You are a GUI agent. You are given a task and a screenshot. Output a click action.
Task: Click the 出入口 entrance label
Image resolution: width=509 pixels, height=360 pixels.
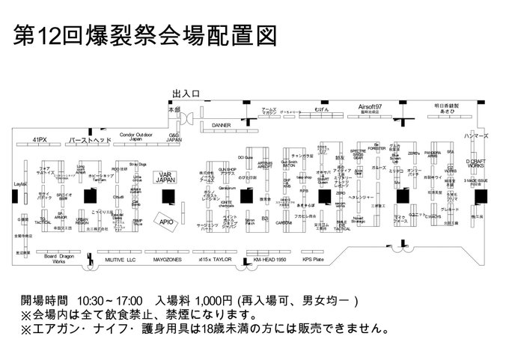[186, 94]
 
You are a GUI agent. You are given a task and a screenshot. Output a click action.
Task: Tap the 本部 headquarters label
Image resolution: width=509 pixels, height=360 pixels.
[174, 109]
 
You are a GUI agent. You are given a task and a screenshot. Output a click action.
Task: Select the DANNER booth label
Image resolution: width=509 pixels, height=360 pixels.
[221, 125]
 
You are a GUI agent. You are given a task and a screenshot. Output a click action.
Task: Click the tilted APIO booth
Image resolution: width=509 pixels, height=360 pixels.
[166, 220]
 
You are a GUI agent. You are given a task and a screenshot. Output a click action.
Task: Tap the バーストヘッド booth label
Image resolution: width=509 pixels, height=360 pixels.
[90, 140]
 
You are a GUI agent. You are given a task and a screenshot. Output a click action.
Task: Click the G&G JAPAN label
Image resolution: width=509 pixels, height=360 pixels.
[174, 137]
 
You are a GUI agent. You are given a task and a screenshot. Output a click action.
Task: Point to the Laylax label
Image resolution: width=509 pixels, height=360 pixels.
[20, 183]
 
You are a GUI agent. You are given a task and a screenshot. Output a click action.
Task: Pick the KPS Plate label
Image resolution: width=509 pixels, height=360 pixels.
[313, 259]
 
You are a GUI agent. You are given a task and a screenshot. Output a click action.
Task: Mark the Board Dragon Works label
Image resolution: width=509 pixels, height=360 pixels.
[59, 259]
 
